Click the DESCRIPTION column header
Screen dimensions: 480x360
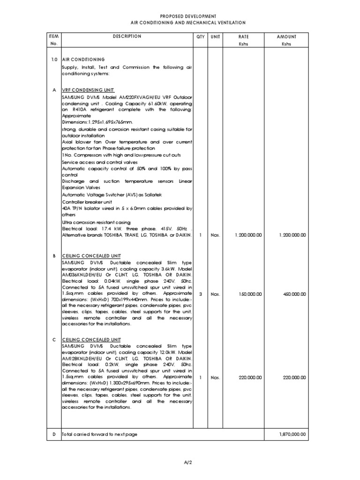click(x=127, y=36)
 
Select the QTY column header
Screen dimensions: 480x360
click(x=201, y=36)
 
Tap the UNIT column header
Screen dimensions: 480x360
click(x=215, y=36)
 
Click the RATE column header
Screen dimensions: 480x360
click(x=243, y=36)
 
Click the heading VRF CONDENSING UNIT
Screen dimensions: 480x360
click(x=88, y=90)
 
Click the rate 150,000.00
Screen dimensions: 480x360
click(x=249, y=294)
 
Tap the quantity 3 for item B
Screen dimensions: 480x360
click(x=201, y=294)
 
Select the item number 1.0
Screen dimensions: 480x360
click(x=53, y=60)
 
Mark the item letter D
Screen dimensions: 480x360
click(x=53, y=435)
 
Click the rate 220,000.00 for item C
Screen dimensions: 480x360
click(x=249, y=377)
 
